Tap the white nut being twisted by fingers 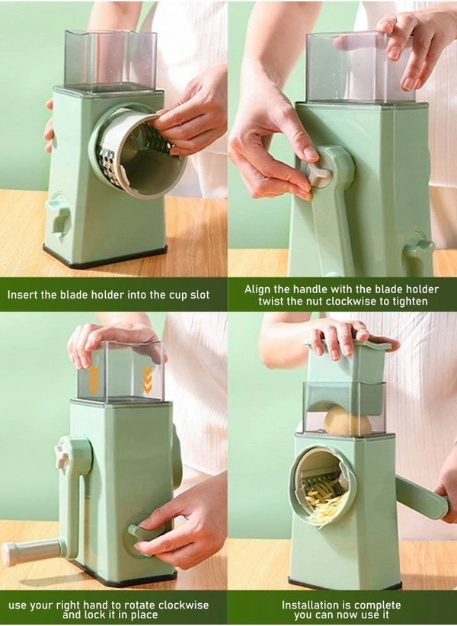[x=318, y=173]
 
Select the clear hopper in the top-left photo [x=110, y=59]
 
